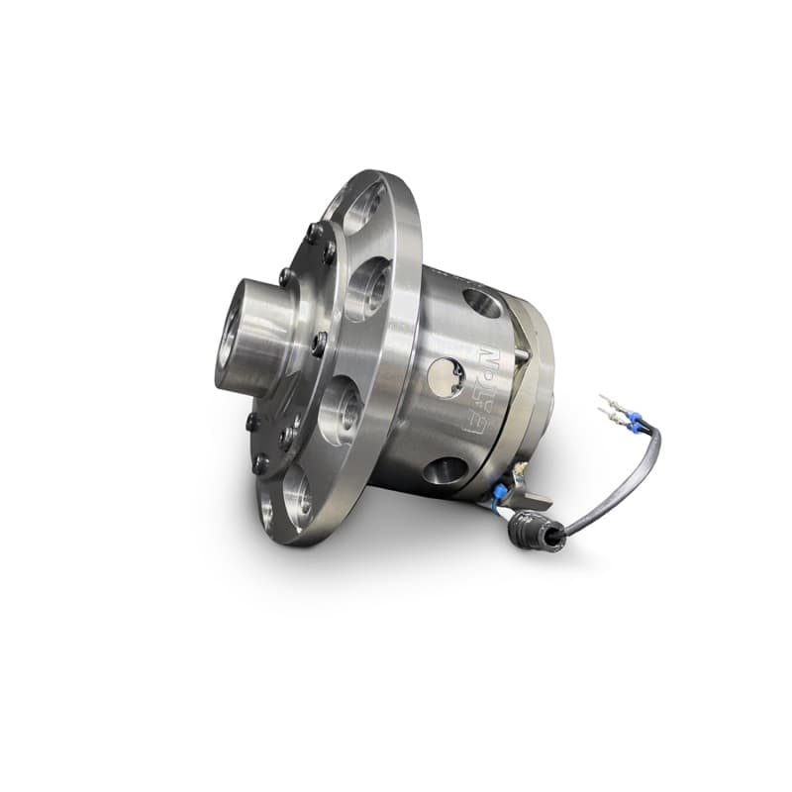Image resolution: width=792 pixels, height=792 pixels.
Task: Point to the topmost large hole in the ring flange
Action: click(x=364, y=205)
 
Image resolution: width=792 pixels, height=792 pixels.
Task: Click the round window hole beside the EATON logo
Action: click(x=445, y=376)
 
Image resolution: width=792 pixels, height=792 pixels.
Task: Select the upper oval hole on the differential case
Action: click(x=482, y=303)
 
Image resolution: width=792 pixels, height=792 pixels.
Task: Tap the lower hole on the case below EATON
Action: click(x=445, y=469)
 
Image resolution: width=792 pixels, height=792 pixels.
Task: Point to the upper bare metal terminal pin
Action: click(x=608, y=403)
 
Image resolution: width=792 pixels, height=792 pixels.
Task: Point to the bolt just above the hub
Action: click(x=286, y=276)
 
